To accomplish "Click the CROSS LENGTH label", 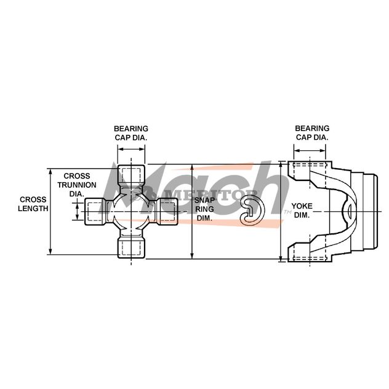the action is (33, 204).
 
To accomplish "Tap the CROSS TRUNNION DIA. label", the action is (77, 185).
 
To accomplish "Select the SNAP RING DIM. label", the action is (204, 209).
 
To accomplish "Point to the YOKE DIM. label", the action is (302, 211).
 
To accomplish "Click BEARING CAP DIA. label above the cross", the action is (131, 133).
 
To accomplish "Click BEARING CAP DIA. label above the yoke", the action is (312, 133).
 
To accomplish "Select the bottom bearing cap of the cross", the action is (131, 247).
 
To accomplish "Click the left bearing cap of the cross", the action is (95, 211).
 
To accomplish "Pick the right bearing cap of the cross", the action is (167, 211).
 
